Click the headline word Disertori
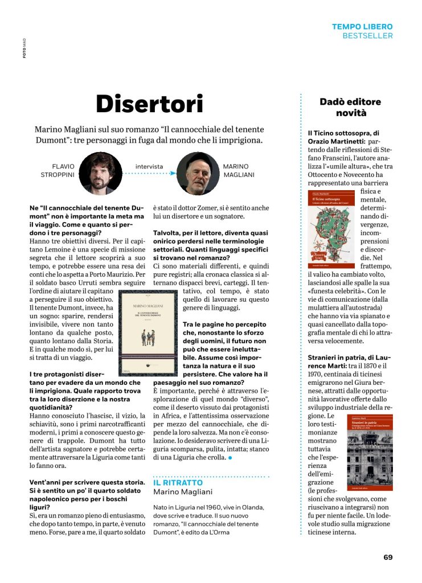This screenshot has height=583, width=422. pos(149,104)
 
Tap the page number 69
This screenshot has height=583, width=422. pos(388,557)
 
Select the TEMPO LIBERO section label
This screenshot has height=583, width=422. pos(362,26)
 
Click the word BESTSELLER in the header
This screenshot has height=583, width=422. pos(367,35)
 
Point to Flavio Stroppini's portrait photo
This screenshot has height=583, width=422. pos(100,173)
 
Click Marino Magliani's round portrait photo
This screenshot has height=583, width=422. pos(198,174)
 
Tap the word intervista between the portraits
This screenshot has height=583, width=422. pos(149,167)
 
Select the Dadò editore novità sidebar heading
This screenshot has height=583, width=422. pos(350,107)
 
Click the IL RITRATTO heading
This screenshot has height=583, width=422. pos(178,482)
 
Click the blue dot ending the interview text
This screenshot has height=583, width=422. pos(230,457)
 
